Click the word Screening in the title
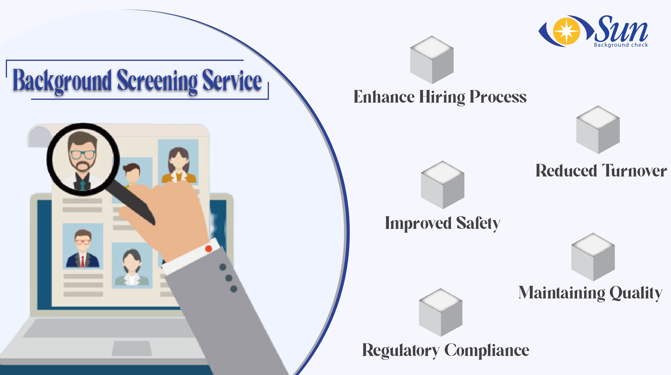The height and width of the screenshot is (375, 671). click(157, 81)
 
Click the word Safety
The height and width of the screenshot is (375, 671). click(478, 223)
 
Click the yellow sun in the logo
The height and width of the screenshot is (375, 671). click(566, 31)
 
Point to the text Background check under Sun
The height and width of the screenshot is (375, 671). click(621, 45)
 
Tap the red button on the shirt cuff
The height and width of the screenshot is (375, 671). click(209, 249)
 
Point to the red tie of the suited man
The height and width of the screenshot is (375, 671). click(83, 261)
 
